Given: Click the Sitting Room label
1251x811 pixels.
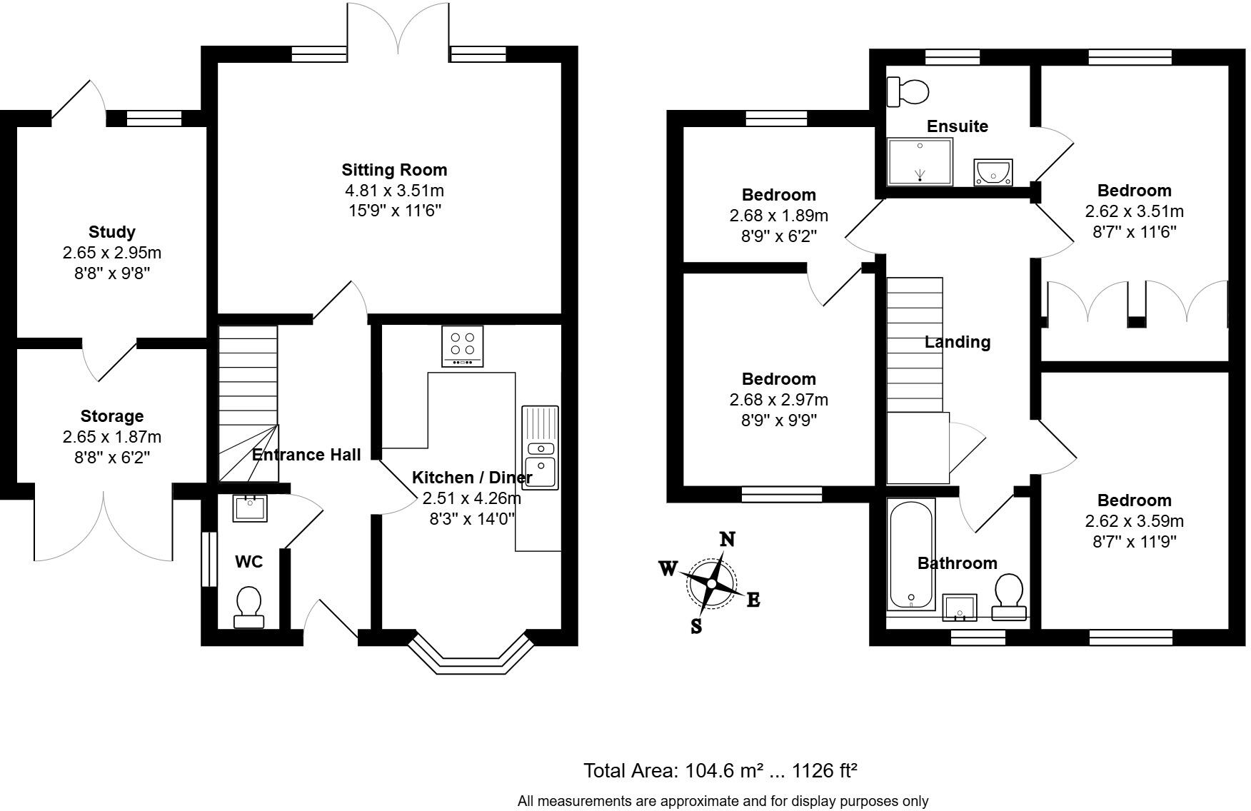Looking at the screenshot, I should [x=394, y=170].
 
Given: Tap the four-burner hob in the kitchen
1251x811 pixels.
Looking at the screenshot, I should [x=463, y=346].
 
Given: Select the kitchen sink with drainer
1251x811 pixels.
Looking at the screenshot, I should [x=541, y=448].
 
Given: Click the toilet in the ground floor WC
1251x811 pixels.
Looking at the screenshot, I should [x=248, y=607].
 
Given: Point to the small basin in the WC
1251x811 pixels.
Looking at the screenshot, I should [x=250, y=508].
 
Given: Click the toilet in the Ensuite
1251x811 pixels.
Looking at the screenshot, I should [x=908, y=91].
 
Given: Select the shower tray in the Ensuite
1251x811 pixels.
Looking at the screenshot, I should [x=920, y=162].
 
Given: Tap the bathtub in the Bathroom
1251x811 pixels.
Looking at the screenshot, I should [x=910, y=554].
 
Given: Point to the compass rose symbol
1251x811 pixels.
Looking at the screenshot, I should [x=711, y=583].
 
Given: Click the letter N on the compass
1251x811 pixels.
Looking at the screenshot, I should [x=727, y=539].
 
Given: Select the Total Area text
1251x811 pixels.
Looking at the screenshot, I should [x=720, y=771].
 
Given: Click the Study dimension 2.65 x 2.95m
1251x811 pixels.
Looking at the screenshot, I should [x=112, y=253].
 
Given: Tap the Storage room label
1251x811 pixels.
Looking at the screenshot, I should [x=112, y=416].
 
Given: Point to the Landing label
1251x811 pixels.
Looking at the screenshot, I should [x=957, y=342].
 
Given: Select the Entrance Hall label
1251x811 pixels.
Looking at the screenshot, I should [x=306, y=455].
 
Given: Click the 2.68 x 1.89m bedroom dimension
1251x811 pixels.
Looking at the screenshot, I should [x=778, y=216].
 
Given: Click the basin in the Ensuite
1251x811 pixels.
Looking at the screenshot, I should [x=993, y=172].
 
